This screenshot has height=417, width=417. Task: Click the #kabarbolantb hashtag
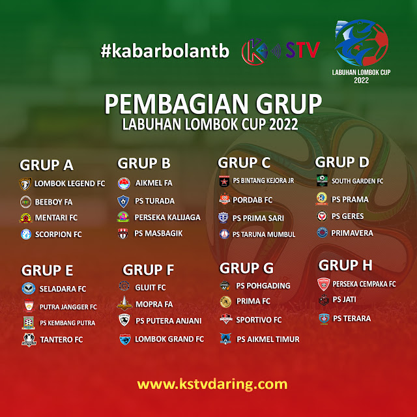click(165, 51)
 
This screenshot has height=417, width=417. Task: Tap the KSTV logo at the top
click(281, 51)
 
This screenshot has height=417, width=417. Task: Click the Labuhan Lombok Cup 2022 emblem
click(361, 51)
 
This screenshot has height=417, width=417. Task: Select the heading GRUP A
click(46, 165)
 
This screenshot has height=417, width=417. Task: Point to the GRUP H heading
click(345, 265)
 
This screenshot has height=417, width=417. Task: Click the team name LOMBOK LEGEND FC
click(70, 184)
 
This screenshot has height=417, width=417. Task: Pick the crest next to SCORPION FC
click(26, 235)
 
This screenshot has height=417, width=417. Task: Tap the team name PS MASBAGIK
click(158, 233)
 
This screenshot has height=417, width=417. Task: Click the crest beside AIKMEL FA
click(124, 184)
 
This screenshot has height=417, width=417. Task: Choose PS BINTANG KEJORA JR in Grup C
click(263, 180)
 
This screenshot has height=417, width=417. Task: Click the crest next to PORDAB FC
click(224, 199)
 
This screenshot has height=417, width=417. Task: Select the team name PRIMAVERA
click(352, 233)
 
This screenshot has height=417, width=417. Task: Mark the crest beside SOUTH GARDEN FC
click(322, 180)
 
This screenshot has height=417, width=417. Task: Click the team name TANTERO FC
click(61, 339)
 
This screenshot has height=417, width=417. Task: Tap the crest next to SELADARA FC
click(29, 289)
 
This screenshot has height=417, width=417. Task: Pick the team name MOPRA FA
click(154, 304)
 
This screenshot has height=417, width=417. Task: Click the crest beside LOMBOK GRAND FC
click(124, 339)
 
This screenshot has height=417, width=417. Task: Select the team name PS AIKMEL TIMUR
click(268, 339)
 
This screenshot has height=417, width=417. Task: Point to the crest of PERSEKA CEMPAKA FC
click(324, 284)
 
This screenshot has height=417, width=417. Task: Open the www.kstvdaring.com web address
click(212, 384)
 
